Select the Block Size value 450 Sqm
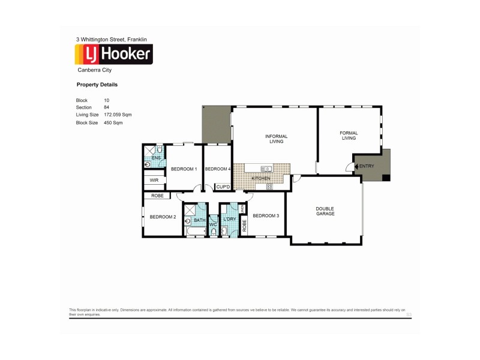click(113, 122)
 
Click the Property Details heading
click(97, 85)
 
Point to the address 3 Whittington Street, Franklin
click(112, 40)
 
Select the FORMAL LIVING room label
click(349, 136)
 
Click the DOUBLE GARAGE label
click(325, 211)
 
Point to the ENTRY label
click(366, 166)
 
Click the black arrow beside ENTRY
click(356, 166)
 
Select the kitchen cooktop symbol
click(269, 187)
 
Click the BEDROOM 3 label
click(266, 216)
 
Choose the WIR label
click(154, 180)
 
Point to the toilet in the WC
click(213, 232)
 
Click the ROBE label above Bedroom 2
click(157, 196)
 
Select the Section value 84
click(107, 107)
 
